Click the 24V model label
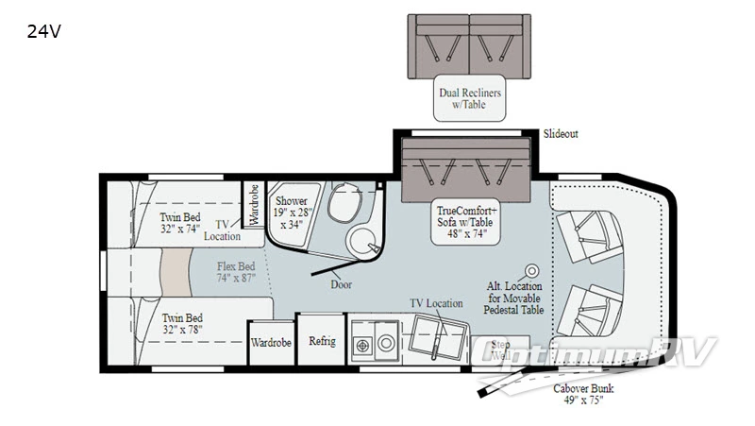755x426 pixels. pyautogui.click(x=43, y=30)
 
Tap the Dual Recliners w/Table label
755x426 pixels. pyautogui.click(x=468, y=98)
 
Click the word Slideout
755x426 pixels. pyautogui.click(x=561, y=134)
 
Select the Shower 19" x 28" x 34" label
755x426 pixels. pyautogui.click(x=292, y=213)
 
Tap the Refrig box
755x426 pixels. pyautogui.click(x=322, y=341)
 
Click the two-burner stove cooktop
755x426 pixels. pyautogui.click(x=363, y=343)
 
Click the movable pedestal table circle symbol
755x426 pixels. pyautogui.click(x=532, y=269)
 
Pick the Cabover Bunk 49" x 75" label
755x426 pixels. pyautogui.click(x=582, y=393)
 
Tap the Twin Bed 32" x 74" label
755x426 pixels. pyautogui.click(x=178, y=222)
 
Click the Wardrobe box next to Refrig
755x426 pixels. pyautogui.click(x=271, y=342)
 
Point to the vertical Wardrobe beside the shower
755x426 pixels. pyautogui.click(x=252, y=204)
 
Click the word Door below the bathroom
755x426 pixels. pyautogui.click(x=342, y=283)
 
